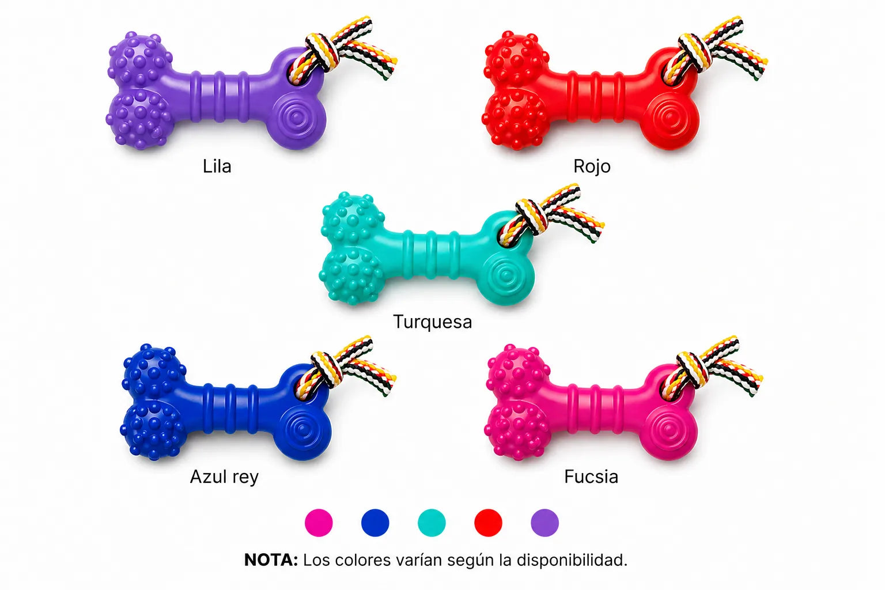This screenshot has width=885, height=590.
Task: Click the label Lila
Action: (x=217, y=167)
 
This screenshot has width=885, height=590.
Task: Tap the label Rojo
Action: (x=592, y=167)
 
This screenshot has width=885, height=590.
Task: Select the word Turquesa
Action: (x=433, y=322)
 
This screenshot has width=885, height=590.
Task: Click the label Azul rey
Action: (x=224, y=477)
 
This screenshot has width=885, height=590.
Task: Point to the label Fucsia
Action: (x=591, y=476)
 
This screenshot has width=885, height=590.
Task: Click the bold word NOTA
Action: (x=271, y=560)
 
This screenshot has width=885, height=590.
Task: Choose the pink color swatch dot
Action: (x=319, y=523)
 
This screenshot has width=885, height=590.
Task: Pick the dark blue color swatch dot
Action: (x=375, y=523)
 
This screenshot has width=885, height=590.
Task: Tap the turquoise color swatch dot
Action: (x=432, y=523)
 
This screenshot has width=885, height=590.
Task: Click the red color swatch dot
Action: (x=489, y=523)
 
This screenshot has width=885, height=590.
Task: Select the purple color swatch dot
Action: (x=545, y=523)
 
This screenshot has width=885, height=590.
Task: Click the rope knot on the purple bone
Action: (x=322, y=52)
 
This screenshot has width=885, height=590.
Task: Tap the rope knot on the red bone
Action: (x=695, y=52)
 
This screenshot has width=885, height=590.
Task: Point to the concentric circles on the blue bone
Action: (x=304, y=429)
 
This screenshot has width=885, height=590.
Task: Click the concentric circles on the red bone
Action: (x=670, y=118)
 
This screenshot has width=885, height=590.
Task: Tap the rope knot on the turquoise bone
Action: (x=531, y=217)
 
